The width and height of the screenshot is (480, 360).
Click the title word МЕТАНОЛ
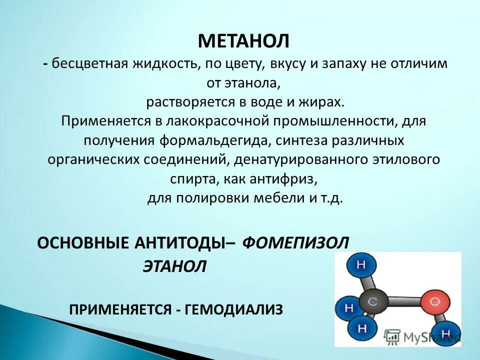click(244, 40)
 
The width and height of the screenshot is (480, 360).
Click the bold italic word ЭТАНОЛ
click(175, 266)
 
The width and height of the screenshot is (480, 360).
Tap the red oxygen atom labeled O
click(433, 302)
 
